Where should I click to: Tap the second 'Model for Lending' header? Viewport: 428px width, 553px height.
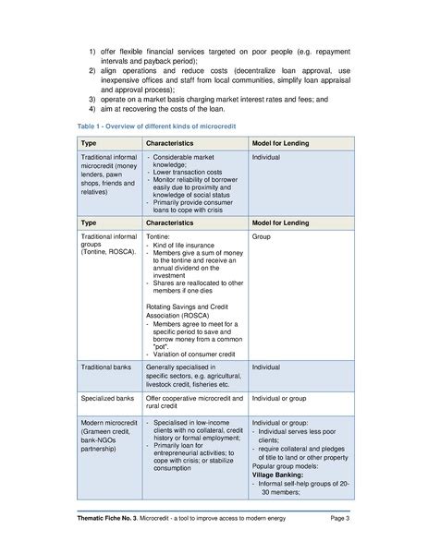click(281, 222)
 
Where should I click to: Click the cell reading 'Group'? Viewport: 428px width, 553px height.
click(263, 237)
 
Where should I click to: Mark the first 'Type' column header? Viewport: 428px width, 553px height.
click(89, 144)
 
